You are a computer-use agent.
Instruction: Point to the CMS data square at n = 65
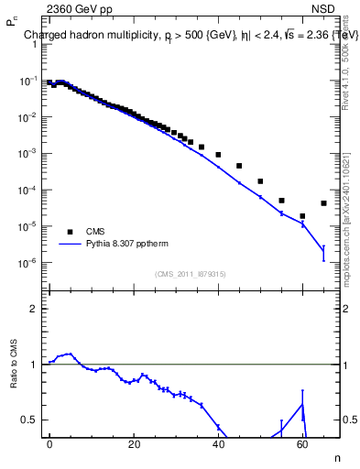pyautogui.click(x=323, y=203)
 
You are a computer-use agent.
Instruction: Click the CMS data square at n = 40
pyautogui.click(x=218, y=155)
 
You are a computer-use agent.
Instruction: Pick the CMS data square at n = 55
pyautogui.click(x=281, y=200)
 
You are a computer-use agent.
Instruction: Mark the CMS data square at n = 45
pyautogui.click(x=239, y=166)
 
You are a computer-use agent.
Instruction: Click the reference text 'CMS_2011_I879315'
pyautogui.click(x=191, y=273)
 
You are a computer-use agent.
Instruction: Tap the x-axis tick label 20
pyautogui.click(x=134, y=443)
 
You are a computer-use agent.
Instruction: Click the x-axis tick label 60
pyautogui.click(x=302, y=443)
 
